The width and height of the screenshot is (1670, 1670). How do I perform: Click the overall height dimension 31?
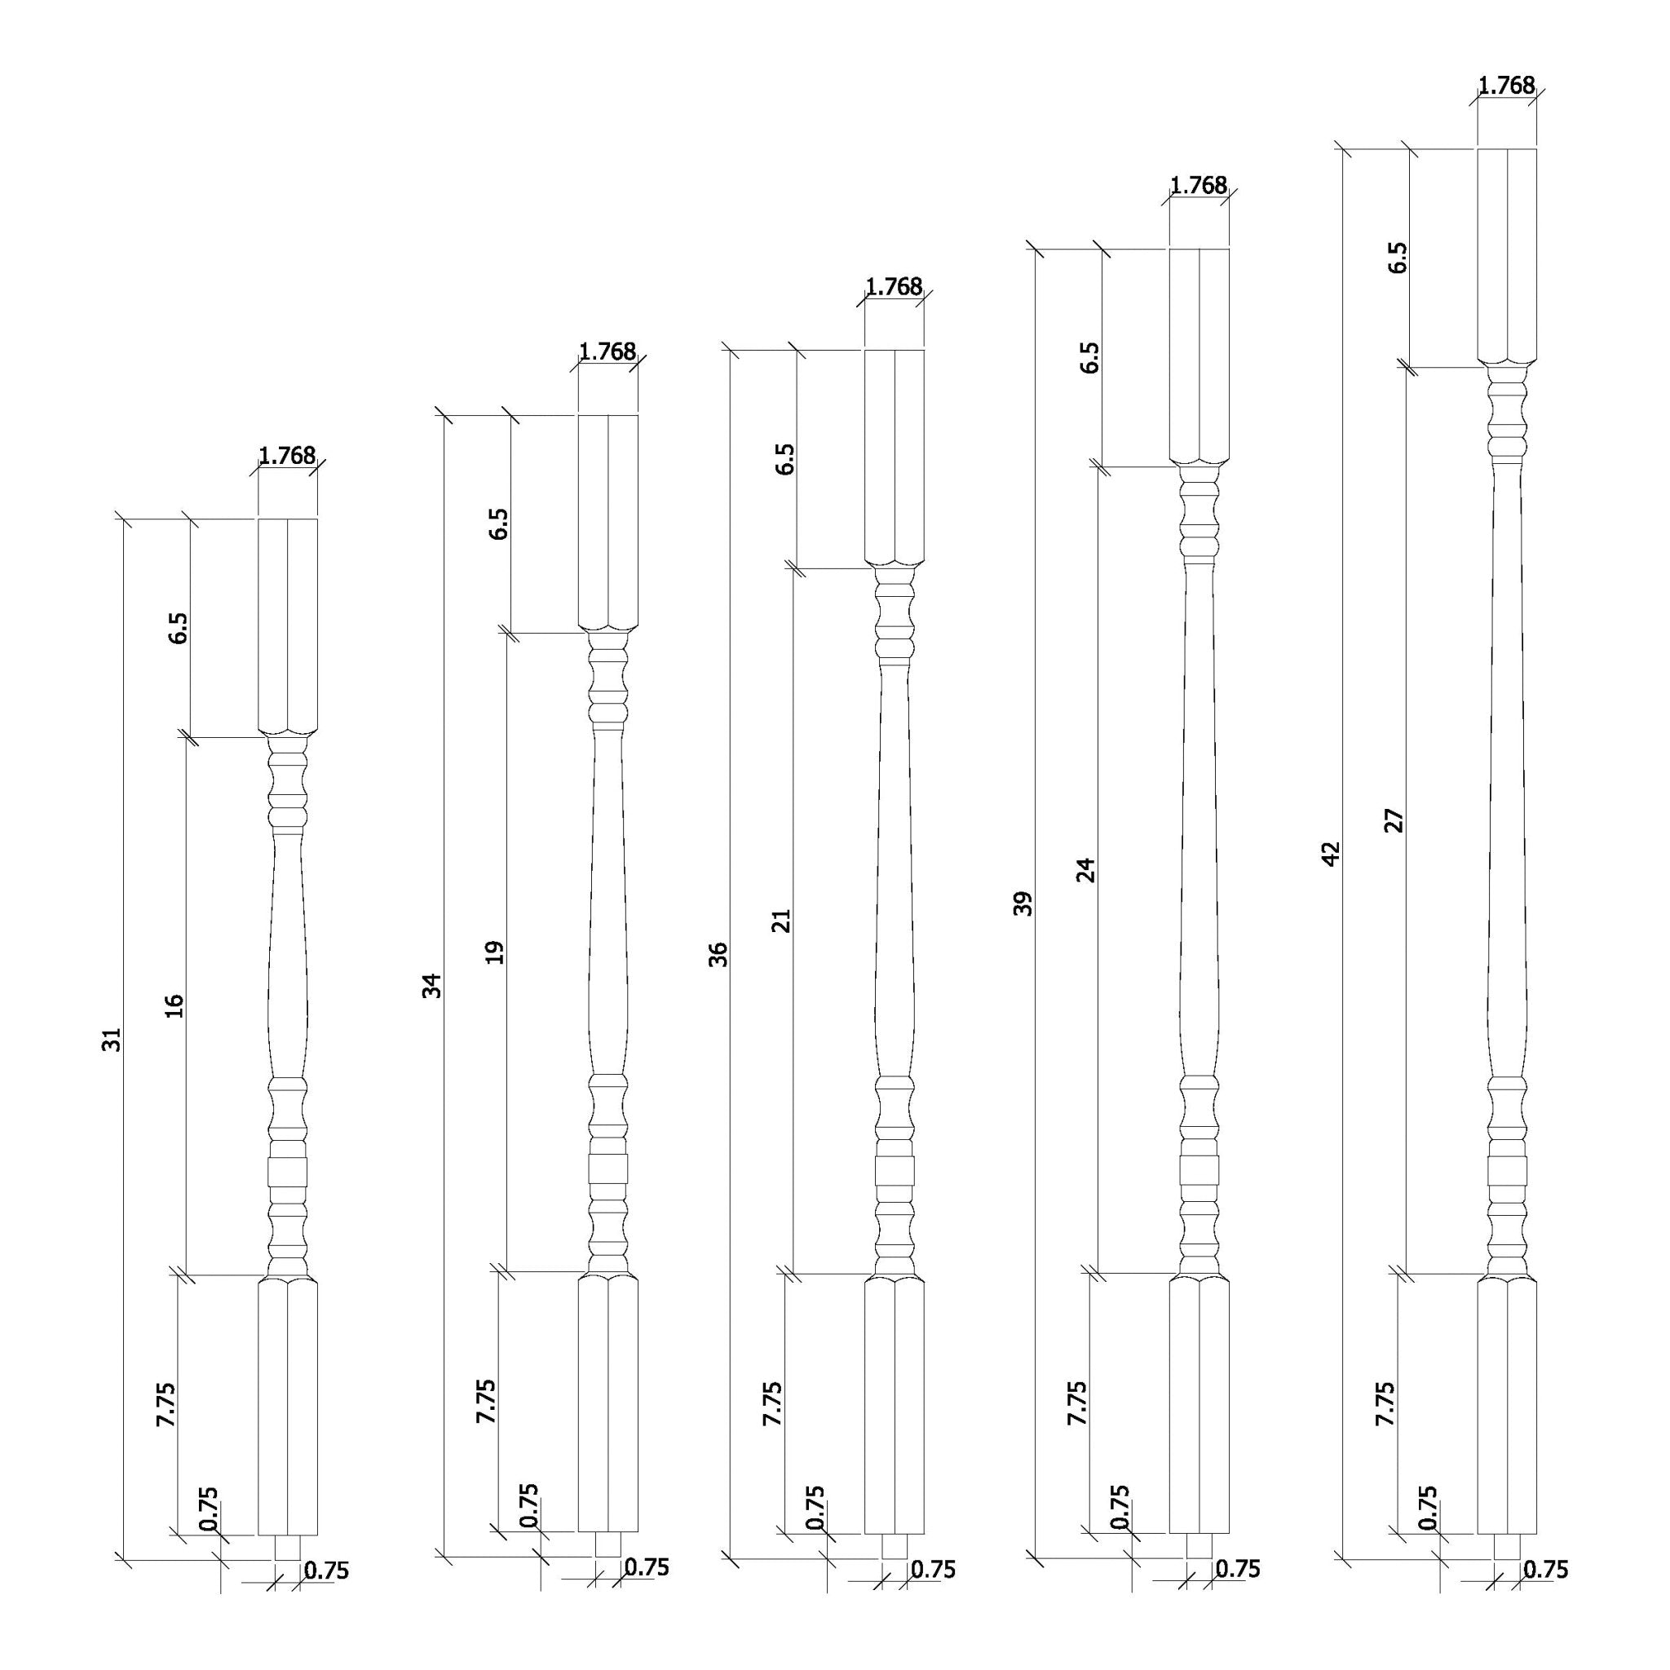pyautogui.click(x=113, y=1040)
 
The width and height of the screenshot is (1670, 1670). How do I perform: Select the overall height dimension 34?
pyautogui.click(x=431, y=985)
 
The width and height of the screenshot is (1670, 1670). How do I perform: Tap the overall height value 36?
pyautogui.click(x=718, y=953)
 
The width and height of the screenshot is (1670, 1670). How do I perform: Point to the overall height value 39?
pyautogui.click(x=1023, y=903)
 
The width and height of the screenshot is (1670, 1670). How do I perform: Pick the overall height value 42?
pyautogui.click(x=1330, y=853)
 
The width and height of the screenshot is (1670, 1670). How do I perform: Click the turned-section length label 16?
pyautogui.click(x=175, y=1005)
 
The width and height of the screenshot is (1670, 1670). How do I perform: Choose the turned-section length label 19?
pyautogui.click(x=494, y=952)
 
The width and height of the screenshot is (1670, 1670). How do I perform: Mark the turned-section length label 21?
pyautogui.click(x=781, y=921)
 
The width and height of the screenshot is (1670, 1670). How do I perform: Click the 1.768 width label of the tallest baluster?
pyautogui.click(x=1507, y=86)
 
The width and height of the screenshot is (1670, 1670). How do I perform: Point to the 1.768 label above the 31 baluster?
pyautogui.click(x=287, y=456)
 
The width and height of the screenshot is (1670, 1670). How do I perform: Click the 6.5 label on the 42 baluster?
pyautogui.click(x=1397, y=258)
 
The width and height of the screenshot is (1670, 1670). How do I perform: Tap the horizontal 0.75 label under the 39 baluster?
pyautogui.click(x=1238, y=1568)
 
